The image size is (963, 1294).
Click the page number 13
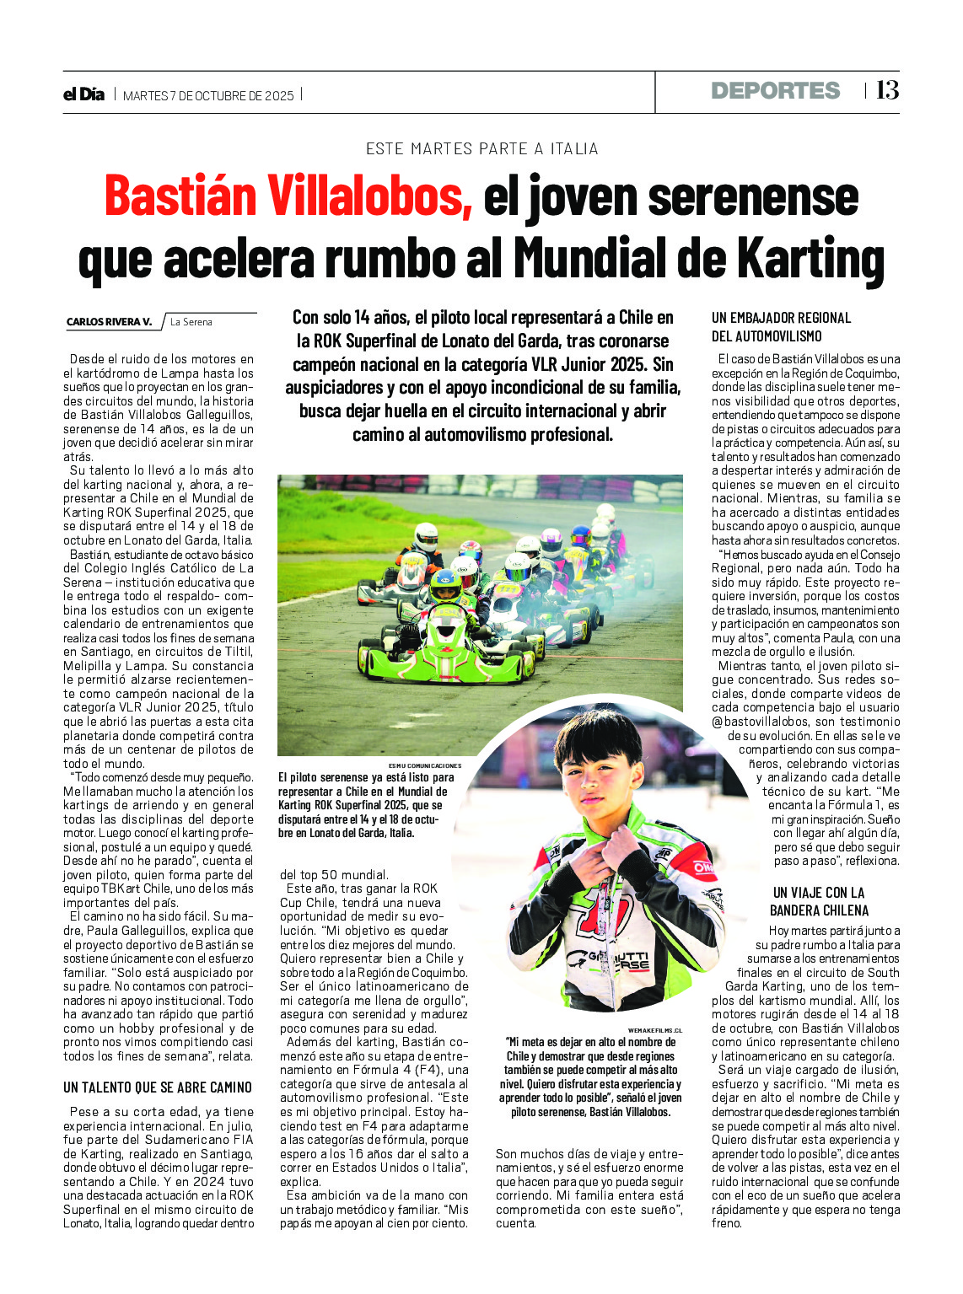tap(887, 90)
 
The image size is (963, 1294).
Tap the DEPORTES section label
tap(775, 91)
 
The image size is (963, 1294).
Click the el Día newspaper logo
tap(83, 94)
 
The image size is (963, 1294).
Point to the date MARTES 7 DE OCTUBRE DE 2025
tap(208, 96)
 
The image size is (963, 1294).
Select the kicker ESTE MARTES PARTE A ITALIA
tap(481, 149)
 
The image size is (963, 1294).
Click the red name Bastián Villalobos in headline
tap(288, 196)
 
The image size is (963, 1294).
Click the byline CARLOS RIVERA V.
tap(109, 322)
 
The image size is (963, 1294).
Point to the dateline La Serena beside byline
tap(191, 322)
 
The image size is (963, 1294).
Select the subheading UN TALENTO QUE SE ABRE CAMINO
tap(158, 1087)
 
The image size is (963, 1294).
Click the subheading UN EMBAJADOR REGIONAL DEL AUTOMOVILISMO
tap(781, 327)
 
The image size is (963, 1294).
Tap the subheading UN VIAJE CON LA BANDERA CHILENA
tap(819, 901)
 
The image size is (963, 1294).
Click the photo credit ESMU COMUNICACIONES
tap(425, 765)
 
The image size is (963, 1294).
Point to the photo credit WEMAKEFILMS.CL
tap(655, 1030)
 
